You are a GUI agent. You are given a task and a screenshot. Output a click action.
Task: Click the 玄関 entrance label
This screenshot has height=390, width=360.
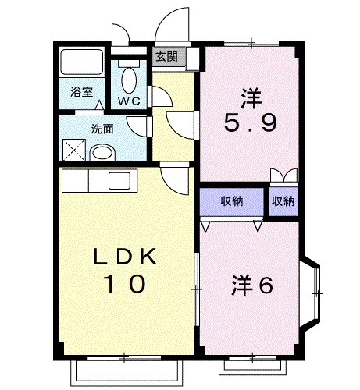click(166, 56)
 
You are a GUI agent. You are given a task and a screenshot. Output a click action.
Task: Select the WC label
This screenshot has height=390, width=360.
click(129, 101)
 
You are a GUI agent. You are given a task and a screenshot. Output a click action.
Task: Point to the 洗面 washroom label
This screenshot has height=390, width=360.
click(102, 129)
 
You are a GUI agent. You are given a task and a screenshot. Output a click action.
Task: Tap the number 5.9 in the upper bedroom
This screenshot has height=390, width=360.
click(250, 125)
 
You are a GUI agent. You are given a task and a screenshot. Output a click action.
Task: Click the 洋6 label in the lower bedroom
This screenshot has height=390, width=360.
click(251, 286)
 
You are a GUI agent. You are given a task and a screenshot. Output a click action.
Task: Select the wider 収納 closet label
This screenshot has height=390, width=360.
click(231, 200)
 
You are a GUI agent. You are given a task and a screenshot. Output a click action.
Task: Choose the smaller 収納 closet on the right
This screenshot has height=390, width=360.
click(283, 200)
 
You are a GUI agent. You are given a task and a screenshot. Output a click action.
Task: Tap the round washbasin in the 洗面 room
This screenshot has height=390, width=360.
click(104, 153)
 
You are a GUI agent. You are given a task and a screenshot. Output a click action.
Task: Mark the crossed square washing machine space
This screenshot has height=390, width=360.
click(75, 149)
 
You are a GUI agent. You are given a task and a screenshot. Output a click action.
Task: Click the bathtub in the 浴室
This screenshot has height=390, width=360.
click(80, 65)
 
